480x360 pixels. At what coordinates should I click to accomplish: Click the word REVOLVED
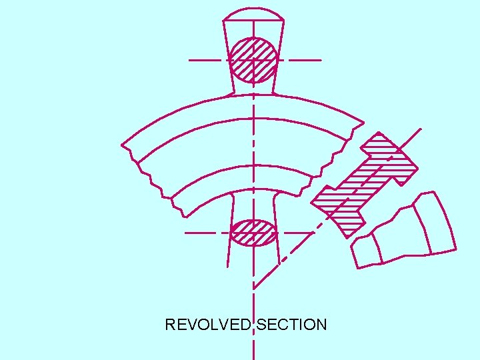click(208, 325)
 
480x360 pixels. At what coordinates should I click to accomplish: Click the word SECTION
click(292, 325)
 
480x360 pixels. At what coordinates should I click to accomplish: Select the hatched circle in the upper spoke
click(253, 59)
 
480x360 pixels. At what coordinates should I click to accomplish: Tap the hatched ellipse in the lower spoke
click(253, 233)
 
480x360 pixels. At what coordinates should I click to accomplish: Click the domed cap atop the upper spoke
click(254, 14)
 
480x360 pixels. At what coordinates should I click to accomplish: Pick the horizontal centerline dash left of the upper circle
click(205, 60)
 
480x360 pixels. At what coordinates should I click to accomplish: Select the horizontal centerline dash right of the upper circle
click(305, 60)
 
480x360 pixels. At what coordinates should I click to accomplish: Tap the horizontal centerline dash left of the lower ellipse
click(199, 233)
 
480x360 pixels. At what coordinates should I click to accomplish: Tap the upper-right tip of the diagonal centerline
click(421, 129)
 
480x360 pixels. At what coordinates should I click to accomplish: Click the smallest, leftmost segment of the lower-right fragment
click(365, 252)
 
